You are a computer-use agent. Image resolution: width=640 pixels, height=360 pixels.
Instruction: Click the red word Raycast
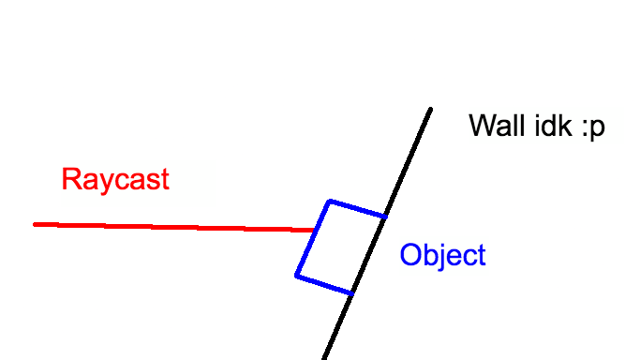click(115, 179)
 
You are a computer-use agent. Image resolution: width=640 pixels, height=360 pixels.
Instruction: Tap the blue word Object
click(442, 255)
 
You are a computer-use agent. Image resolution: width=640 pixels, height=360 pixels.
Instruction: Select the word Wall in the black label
click(498, 126)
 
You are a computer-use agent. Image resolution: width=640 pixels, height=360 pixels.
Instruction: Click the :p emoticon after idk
click(592, 127)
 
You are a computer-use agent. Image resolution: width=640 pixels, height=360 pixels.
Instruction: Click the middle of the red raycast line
click(173, 227)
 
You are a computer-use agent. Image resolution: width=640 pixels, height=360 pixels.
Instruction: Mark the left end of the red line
click(36, 224)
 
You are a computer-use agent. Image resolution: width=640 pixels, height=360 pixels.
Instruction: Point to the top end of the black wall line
click(431, 109)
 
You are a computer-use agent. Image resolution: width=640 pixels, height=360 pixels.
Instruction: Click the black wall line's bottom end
click(323, 359)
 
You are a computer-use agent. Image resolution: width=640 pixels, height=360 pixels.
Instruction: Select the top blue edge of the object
click(357, 209)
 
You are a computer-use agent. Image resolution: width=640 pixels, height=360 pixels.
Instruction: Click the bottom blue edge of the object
click(324, 285)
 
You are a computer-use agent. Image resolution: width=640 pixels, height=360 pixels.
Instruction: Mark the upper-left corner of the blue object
click(329, 201)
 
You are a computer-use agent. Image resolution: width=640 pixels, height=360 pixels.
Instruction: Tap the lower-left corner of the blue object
click(296, 276)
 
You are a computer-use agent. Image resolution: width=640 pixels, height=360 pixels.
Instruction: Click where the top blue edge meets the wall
click(385, 217)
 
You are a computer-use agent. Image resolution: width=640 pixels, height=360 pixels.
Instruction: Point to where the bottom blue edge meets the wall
click(351, 294)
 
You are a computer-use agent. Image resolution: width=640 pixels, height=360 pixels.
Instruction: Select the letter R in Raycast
click(69, 179)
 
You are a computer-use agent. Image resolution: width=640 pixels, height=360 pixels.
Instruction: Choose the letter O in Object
click(409, 255)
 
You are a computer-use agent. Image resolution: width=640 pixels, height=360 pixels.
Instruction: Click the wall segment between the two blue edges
click(368, 256)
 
